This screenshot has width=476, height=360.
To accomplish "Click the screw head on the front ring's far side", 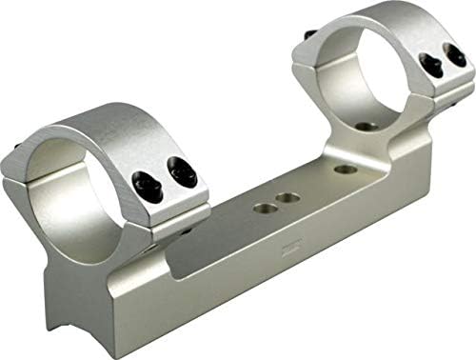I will tap(21, 149).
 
